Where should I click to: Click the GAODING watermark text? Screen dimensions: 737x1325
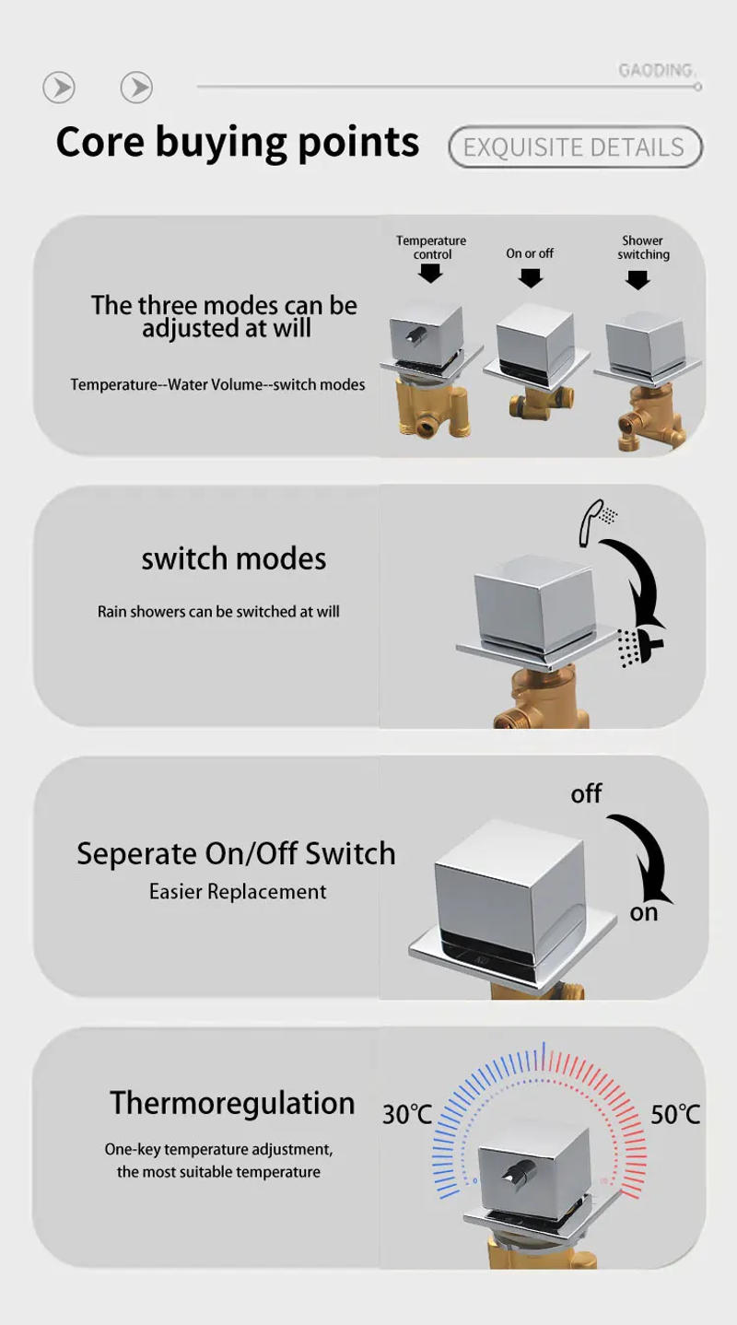657,70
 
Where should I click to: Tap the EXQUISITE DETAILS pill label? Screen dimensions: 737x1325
575,147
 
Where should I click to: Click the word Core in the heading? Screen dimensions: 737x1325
100,142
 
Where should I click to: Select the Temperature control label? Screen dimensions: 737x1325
431,247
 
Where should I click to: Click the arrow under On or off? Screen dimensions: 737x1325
531,278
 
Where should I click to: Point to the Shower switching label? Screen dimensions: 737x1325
644,247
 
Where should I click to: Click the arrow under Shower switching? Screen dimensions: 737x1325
638,280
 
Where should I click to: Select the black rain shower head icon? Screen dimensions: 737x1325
639,647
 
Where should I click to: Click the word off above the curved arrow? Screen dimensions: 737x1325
586,794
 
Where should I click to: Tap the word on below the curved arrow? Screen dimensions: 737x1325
644,913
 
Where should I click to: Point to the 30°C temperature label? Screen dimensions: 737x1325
407,1114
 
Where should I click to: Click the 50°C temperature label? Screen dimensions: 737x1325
675,1114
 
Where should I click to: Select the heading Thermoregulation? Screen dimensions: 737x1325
232,1103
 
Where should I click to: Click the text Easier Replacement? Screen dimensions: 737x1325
237,891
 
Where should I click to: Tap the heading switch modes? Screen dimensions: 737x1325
234,558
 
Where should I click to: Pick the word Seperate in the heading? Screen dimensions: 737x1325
136,854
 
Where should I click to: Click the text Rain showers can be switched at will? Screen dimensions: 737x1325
218,611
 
